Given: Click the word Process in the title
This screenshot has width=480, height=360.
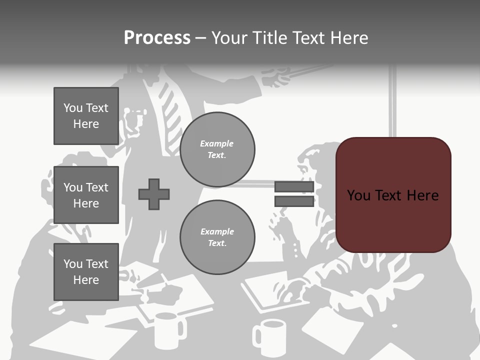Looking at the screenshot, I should pos(157,38).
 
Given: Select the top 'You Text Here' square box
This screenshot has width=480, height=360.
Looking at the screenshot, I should pos(86,116).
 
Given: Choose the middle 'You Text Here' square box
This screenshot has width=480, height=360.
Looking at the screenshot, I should pos(86,195).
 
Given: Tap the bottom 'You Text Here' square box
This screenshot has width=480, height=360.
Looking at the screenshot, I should pos(86,272).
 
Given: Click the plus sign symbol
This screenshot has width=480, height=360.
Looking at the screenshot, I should pos(154,194).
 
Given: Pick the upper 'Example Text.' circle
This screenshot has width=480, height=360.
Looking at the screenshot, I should pos(217,149).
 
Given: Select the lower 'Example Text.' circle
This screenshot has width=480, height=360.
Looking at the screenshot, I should pos(217,237).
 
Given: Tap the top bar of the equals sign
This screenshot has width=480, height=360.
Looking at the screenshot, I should pos(294,187).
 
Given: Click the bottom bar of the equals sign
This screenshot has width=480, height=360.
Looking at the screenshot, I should pos(294,201).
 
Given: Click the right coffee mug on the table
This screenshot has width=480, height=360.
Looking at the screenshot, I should pos(270,337).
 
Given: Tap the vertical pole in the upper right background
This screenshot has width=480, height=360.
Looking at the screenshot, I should pos(393,100).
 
